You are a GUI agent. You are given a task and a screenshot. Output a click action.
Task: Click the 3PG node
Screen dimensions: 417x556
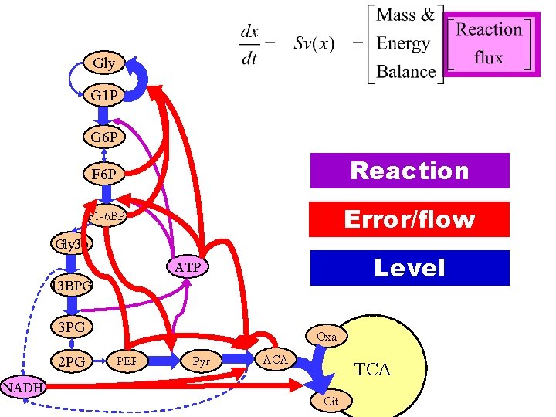pyautogui.click(x=71, y=327)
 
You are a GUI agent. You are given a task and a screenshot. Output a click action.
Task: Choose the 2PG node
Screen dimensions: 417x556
pyautogui.click(x=71, y=361)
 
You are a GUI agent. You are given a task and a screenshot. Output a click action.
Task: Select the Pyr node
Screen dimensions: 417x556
pyautogui.click(x=201, y=361)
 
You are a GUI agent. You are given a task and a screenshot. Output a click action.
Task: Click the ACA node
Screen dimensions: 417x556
pyautogui.click(x=275, y=359)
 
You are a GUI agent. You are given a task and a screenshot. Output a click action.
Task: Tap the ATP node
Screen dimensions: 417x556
pyautogui.click(x=187, y=267)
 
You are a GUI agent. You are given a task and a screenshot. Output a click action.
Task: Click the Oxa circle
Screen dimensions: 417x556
pyautogui.click(x=326, y=337)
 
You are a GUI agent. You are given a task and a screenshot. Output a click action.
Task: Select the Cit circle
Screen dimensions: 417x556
pyautogui.click(x=331, y=401)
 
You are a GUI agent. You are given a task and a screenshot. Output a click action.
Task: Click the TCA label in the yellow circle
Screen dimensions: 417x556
pyautogui.click(x=372, y=370)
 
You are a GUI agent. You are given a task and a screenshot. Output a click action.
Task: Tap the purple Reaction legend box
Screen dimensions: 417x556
pyautogui.click(x=409, y=171)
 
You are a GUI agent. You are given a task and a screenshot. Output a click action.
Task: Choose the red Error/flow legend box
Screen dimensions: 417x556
pyautogui.click(x=409, y=219)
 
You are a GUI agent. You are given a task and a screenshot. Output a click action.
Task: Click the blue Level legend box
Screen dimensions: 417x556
pyautogui.click(x=409, y=268)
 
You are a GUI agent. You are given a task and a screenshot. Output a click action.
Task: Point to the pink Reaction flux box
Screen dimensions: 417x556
pyautogui.click(x=489, y=43)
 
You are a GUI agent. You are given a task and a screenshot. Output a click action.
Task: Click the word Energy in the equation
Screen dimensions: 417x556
pyautogui.click(x=402, y=43)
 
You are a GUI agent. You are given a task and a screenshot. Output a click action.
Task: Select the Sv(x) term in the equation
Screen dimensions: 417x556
pyautogui.click(x=314, y=43)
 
